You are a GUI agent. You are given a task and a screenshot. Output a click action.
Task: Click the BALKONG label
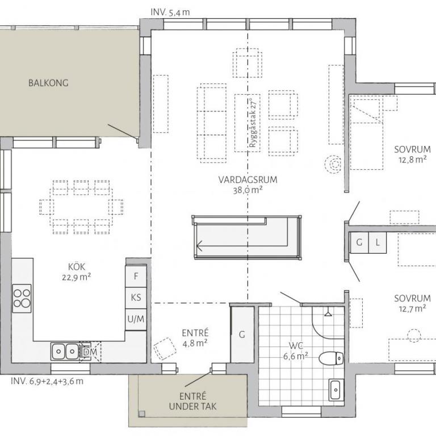[48, 83]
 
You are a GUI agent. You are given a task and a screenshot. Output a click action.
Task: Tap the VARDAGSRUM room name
[248, 179]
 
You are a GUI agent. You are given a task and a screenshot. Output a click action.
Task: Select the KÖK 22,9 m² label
[77, 272]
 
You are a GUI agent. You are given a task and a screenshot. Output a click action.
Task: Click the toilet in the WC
[331, 358]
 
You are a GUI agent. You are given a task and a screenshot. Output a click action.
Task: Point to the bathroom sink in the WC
[336, 390]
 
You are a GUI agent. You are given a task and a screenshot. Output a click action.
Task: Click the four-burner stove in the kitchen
[22, 298]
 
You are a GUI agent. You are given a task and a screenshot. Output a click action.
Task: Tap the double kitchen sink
[65, 352]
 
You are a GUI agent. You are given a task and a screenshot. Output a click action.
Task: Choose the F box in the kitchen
[136, 276]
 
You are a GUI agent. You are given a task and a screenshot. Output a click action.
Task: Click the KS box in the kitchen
[136, 298]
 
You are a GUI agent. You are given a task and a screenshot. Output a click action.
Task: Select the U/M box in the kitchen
[136, 319]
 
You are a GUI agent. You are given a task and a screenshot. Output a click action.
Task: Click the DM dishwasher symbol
[90, 352]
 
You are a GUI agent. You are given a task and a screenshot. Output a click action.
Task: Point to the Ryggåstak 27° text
[253, 123]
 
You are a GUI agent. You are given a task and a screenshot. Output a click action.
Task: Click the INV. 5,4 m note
[170, 12]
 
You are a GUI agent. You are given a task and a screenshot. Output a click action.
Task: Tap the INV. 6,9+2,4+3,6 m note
[47, 381]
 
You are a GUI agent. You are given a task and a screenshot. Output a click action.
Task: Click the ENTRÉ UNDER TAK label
[192, 401]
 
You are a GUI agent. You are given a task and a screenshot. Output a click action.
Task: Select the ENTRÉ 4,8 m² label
[195, 338]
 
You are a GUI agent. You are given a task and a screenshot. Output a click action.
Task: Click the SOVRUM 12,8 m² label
[412, 154]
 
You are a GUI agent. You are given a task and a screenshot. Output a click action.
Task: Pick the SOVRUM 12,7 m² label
[412, 303]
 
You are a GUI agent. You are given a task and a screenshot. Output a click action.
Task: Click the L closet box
[378, 243]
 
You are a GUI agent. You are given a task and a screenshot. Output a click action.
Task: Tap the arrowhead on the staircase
[199, 246]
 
